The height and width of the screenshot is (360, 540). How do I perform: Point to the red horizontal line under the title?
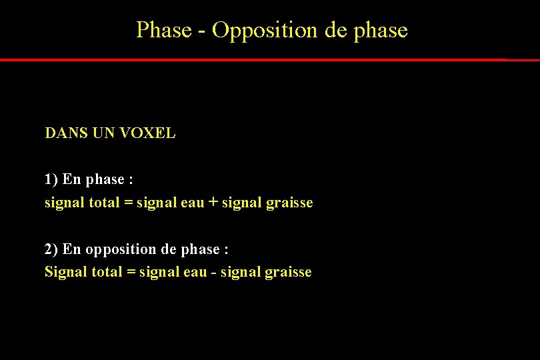[267, 59]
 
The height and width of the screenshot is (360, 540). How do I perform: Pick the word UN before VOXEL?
[103, 133]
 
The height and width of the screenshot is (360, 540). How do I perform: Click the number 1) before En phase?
[51, 179]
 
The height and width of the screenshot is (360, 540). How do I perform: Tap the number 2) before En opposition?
[51, 249]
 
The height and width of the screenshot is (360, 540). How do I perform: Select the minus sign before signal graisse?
[213, 272]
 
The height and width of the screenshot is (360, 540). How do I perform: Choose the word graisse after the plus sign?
[289, 203]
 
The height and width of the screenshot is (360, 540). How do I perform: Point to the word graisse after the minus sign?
[288, 272]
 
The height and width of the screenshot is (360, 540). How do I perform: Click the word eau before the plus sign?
[192, 203]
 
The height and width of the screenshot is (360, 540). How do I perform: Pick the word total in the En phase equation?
[105, 203]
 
